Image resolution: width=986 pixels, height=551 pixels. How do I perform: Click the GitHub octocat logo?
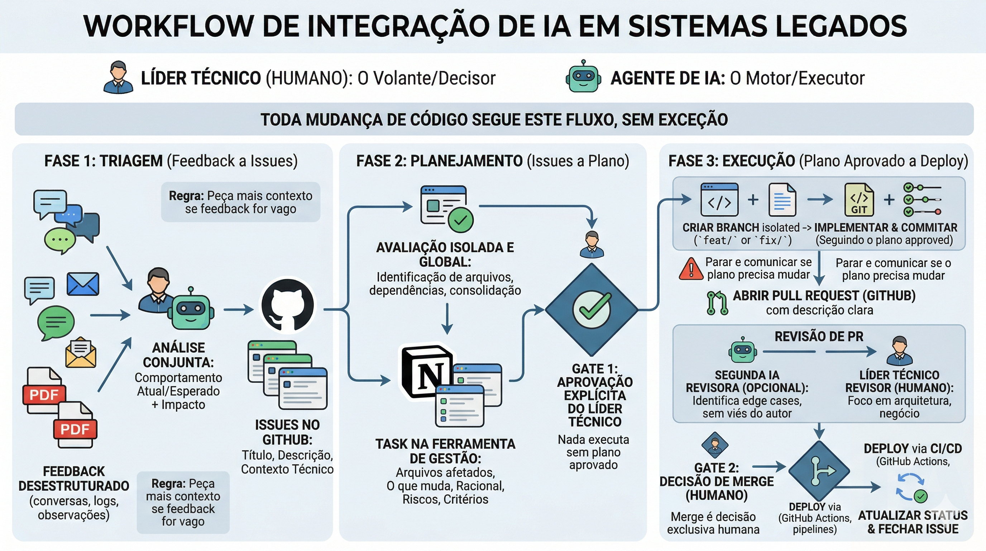point(288,306)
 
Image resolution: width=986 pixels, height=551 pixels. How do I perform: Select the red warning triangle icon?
point(691,269)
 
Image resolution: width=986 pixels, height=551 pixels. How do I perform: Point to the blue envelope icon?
point(83,284)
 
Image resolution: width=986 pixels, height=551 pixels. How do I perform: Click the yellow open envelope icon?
point(81,353)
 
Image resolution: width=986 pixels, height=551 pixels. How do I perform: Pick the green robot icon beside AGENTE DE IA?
point(583,77)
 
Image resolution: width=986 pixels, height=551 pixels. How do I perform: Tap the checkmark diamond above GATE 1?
point(592,310)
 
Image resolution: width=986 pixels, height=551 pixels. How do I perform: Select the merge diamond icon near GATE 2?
point(819,471)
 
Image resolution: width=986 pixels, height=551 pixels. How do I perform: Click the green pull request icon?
point(717,303)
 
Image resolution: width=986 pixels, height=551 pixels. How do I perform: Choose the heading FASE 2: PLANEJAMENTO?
point(439,161)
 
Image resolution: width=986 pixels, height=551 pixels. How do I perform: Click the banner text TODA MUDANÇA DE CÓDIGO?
point(494,119)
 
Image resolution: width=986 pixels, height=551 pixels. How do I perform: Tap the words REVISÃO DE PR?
point(819,336)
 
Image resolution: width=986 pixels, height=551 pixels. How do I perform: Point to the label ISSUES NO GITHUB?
point(287,432)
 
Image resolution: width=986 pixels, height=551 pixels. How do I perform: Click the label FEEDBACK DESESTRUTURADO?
point(74,479)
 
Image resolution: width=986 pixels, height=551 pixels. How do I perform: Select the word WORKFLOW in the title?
point(168,26)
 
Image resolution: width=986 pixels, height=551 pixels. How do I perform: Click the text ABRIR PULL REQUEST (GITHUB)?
point(824,296)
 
